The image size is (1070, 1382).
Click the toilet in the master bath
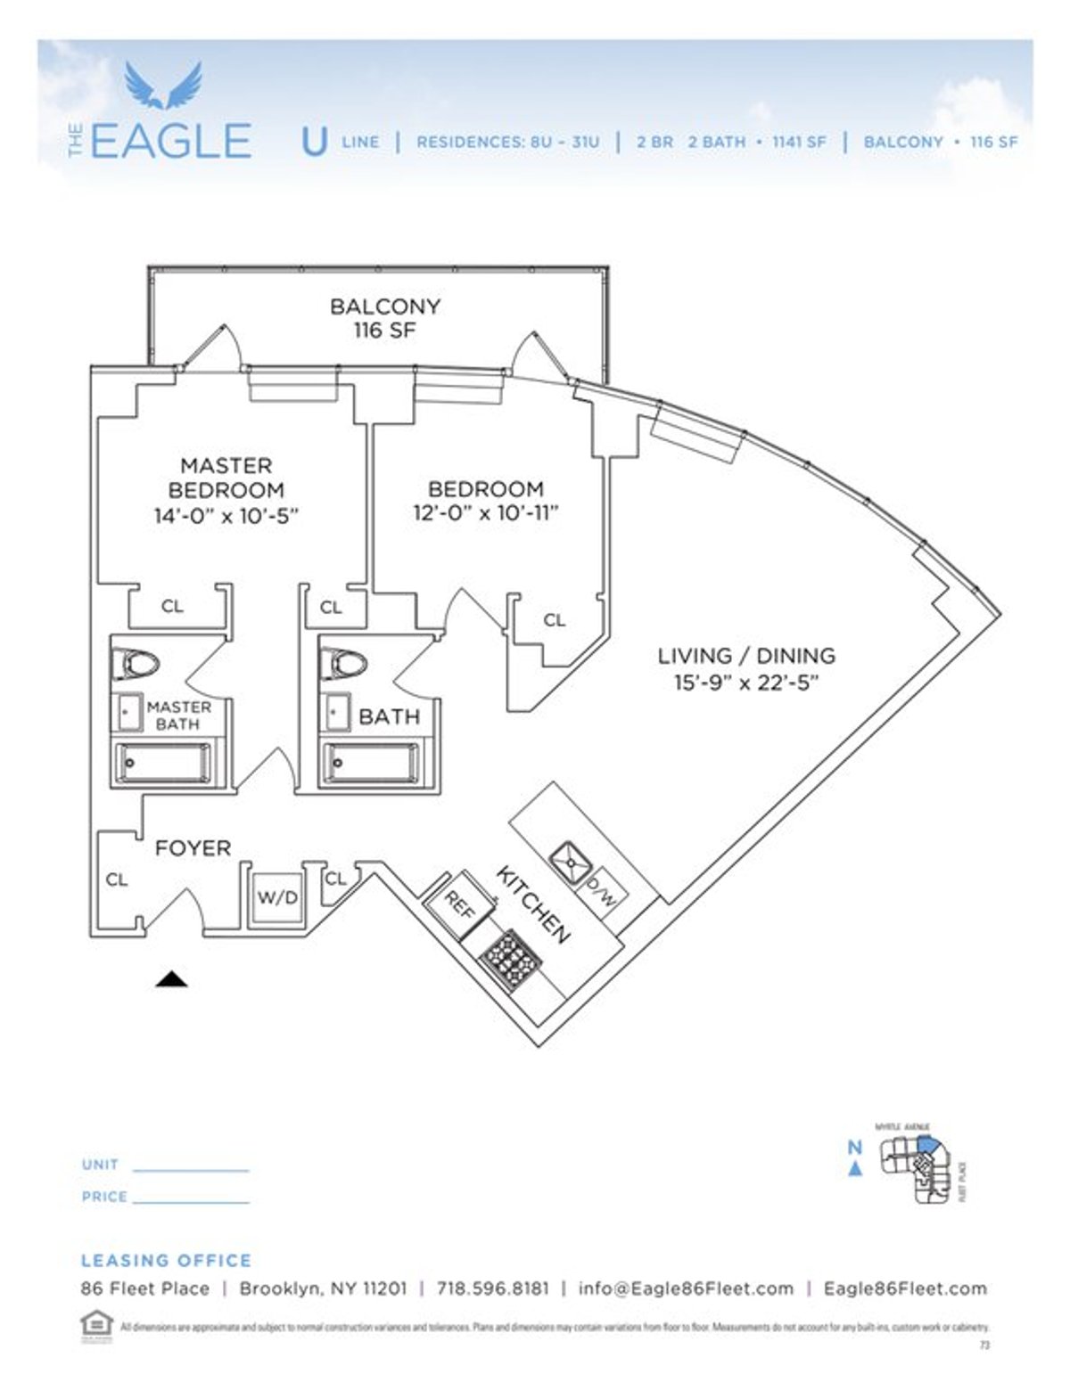point(139,664)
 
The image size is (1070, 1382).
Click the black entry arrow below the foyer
point(171,980)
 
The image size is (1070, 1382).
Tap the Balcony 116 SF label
point(384,319)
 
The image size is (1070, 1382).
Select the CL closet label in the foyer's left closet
point(117,879)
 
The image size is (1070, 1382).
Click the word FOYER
point(193,848)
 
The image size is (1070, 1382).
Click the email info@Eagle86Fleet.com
point(686,1288)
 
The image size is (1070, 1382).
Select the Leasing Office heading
point(166,1260)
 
